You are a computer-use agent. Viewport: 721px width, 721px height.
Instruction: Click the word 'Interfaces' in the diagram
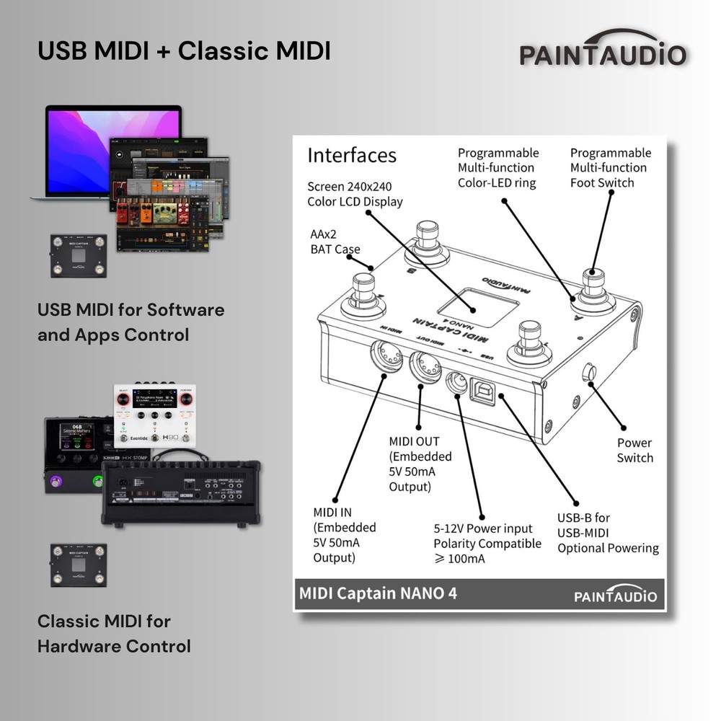pos(351,155)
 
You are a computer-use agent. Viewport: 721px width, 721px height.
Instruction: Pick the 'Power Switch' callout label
pos(634,451)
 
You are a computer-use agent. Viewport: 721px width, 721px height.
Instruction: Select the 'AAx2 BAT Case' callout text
pos(333,242)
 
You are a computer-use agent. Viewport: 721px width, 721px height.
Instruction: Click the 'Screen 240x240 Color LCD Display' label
pos(354,194)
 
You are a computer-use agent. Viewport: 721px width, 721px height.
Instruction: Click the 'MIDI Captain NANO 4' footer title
pos(377,593)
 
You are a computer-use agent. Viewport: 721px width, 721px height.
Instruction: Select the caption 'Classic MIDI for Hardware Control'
pos(113,633)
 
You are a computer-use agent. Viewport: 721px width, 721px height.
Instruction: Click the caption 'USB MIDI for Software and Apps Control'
pos(131,322)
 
